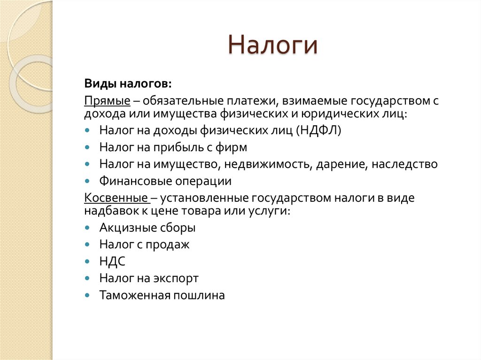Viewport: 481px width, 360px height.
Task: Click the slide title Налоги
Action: [x=273, y=46]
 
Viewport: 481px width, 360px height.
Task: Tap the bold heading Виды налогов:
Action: [x=128, y=83]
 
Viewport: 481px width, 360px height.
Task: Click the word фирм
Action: [x=231, y=147]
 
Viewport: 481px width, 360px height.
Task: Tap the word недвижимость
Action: [x=267, y=164]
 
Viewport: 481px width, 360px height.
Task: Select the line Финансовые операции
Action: [x=165, y=181]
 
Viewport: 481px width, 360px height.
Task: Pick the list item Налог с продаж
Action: [x=144, y=245]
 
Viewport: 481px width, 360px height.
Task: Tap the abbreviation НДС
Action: [x=112, y=261]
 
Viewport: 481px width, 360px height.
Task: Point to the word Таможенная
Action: [x=135, y=295]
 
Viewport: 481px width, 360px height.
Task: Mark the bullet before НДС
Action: [x=88, y=262]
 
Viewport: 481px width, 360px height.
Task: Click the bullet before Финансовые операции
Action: [x=88, y=182]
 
